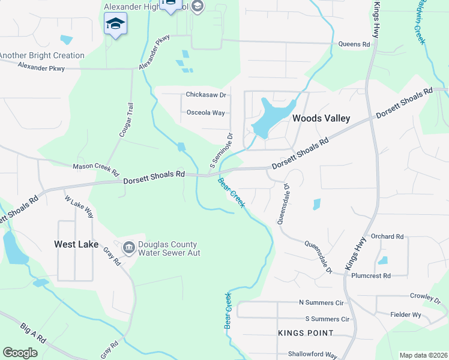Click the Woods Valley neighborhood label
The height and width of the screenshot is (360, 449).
[321, 118]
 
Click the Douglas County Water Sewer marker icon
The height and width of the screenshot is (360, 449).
[128, 247]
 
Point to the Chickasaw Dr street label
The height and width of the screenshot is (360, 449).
[205, 95]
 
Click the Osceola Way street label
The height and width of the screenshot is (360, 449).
[205, 112]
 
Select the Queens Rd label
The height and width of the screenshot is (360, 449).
[354, 44]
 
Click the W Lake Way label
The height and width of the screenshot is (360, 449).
[79, 206]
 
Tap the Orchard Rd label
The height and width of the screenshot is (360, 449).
[387, 236]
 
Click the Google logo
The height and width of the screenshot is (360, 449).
[20, 353]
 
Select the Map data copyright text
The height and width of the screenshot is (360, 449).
[423, 355]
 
